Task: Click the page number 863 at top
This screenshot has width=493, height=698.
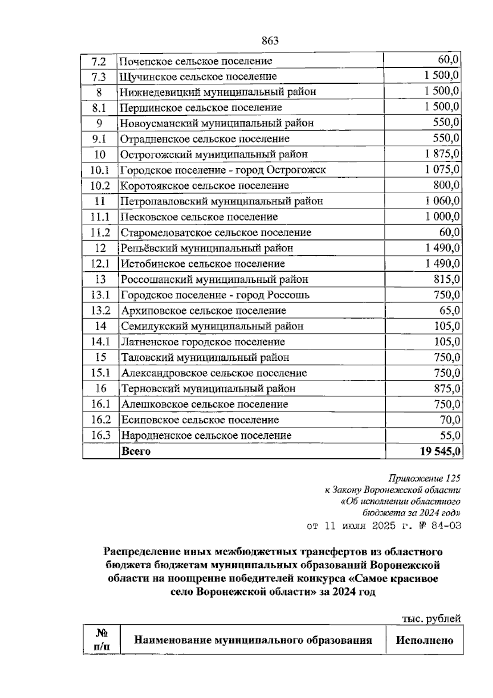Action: [270, 41]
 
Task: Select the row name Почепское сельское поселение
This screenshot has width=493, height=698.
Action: [196, 61]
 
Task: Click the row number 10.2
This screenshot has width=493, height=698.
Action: [100, 185]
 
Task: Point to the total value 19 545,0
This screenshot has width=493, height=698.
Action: [440, 451]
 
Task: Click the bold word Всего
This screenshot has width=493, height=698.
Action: [136, 451]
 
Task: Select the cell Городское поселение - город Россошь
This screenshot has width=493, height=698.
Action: [215, 295]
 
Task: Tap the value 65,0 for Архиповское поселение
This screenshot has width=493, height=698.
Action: [449, 311]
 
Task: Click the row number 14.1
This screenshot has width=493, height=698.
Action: [100, 342]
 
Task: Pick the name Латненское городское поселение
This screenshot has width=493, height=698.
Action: [203, 342]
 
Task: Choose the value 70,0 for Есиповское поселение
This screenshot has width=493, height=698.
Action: [449, 420]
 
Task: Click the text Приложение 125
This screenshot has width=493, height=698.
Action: [424, 478]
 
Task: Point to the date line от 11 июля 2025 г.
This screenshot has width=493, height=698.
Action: [384, 526]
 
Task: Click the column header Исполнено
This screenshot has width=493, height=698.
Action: [424, 641]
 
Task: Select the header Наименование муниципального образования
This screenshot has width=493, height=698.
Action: [253, 640]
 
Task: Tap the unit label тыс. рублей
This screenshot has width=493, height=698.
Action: [431, 619]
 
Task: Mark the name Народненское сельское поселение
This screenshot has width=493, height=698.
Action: [206, 435]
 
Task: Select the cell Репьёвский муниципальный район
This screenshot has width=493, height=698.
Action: [207, 248]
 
